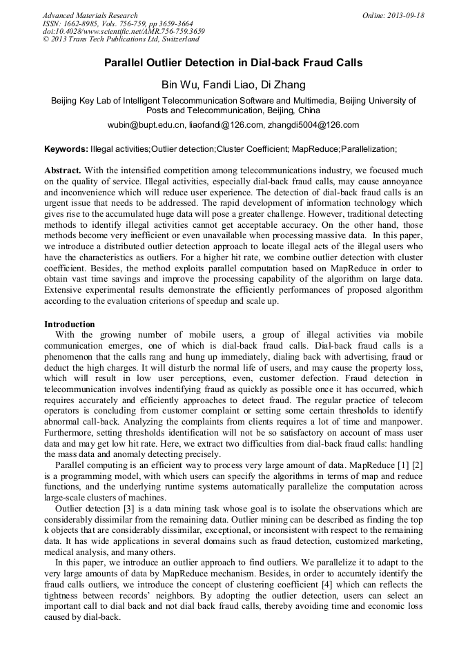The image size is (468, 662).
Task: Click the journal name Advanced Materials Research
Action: [90, 15]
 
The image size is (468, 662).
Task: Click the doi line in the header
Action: [124, 32]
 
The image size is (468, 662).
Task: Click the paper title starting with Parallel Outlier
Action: [233, 63]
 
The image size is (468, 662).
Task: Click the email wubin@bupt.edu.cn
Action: [146, 125]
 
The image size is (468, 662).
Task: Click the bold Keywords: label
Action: [66, 149]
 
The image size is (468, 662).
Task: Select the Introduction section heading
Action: [70, 324]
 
